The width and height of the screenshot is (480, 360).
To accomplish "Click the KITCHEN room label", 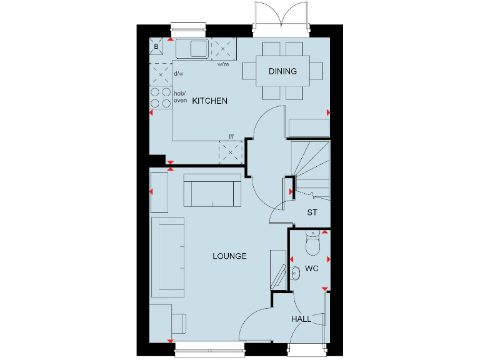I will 209,101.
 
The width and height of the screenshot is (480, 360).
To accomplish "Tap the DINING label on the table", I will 282,71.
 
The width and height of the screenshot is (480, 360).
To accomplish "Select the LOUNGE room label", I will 229,256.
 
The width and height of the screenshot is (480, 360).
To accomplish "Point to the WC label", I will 312,269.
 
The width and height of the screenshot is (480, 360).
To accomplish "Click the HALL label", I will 301,319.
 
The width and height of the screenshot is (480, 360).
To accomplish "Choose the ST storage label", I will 312,212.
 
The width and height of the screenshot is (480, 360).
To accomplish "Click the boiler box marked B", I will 156,45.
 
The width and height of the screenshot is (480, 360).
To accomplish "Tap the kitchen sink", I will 192,48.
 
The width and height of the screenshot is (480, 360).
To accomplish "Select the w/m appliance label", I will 223,64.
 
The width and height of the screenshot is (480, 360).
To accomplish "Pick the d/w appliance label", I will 178,74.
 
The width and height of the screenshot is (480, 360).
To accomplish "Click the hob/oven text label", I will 180,97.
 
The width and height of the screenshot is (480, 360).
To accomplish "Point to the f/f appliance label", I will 231,136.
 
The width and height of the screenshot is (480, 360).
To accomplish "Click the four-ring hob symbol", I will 161,97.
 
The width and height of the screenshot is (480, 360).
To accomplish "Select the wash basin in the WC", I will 295,271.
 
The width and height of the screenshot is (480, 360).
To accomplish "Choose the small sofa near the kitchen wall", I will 212,190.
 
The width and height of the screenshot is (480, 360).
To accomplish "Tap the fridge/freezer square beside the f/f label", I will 229,151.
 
